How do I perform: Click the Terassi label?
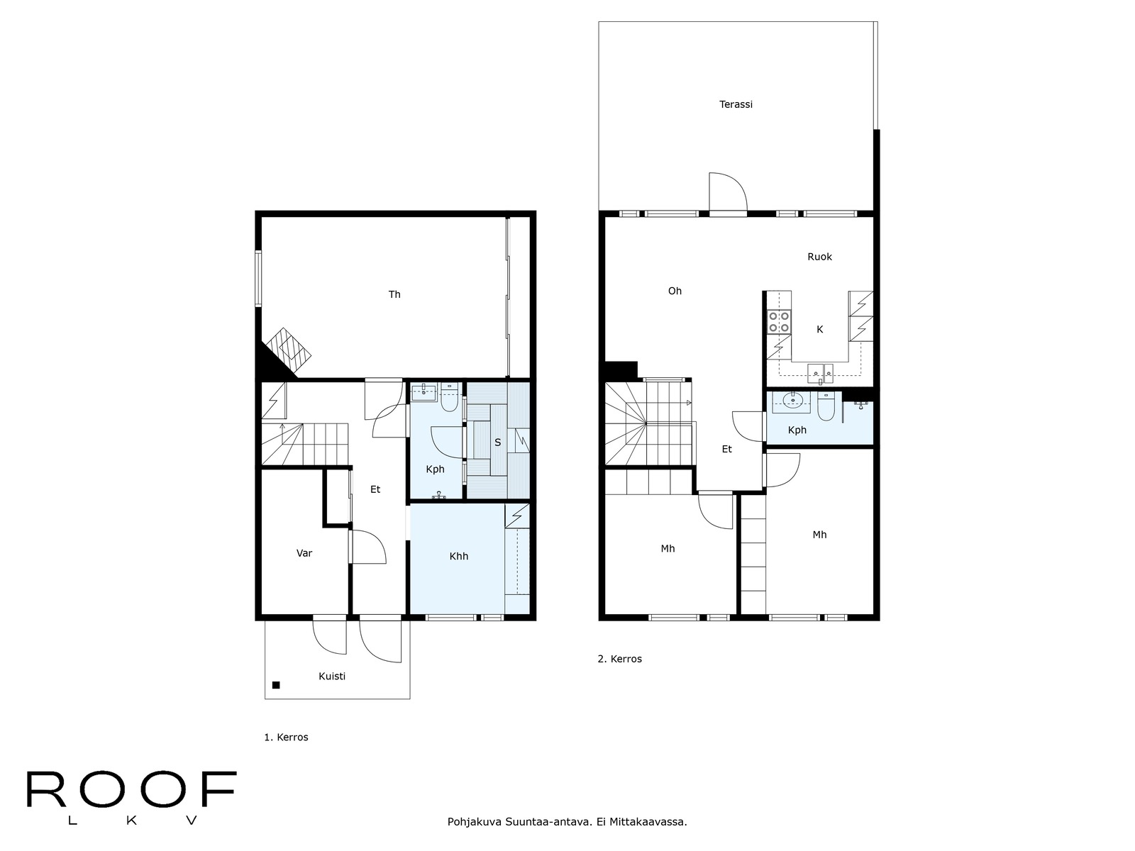[736, 104]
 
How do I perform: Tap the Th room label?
[394, 294]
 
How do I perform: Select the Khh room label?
[459, 557]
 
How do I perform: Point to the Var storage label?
[304, 553]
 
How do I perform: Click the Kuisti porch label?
[331, 677]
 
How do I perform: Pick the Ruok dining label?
[819, 257]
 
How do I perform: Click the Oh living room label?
[675, 291]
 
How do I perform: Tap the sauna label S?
[497, 443]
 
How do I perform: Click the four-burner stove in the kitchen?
[779, 321]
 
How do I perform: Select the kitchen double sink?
[821, 373]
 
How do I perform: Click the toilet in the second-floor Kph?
[826, 406]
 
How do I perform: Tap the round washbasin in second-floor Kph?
[792, 400]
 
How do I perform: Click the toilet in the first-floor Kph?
[449, 397]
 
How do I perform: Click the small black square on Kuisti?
[276, 685]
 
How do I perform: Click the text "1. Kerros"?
[286, 738]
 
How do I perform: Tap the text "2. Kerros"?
[619, 659]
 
